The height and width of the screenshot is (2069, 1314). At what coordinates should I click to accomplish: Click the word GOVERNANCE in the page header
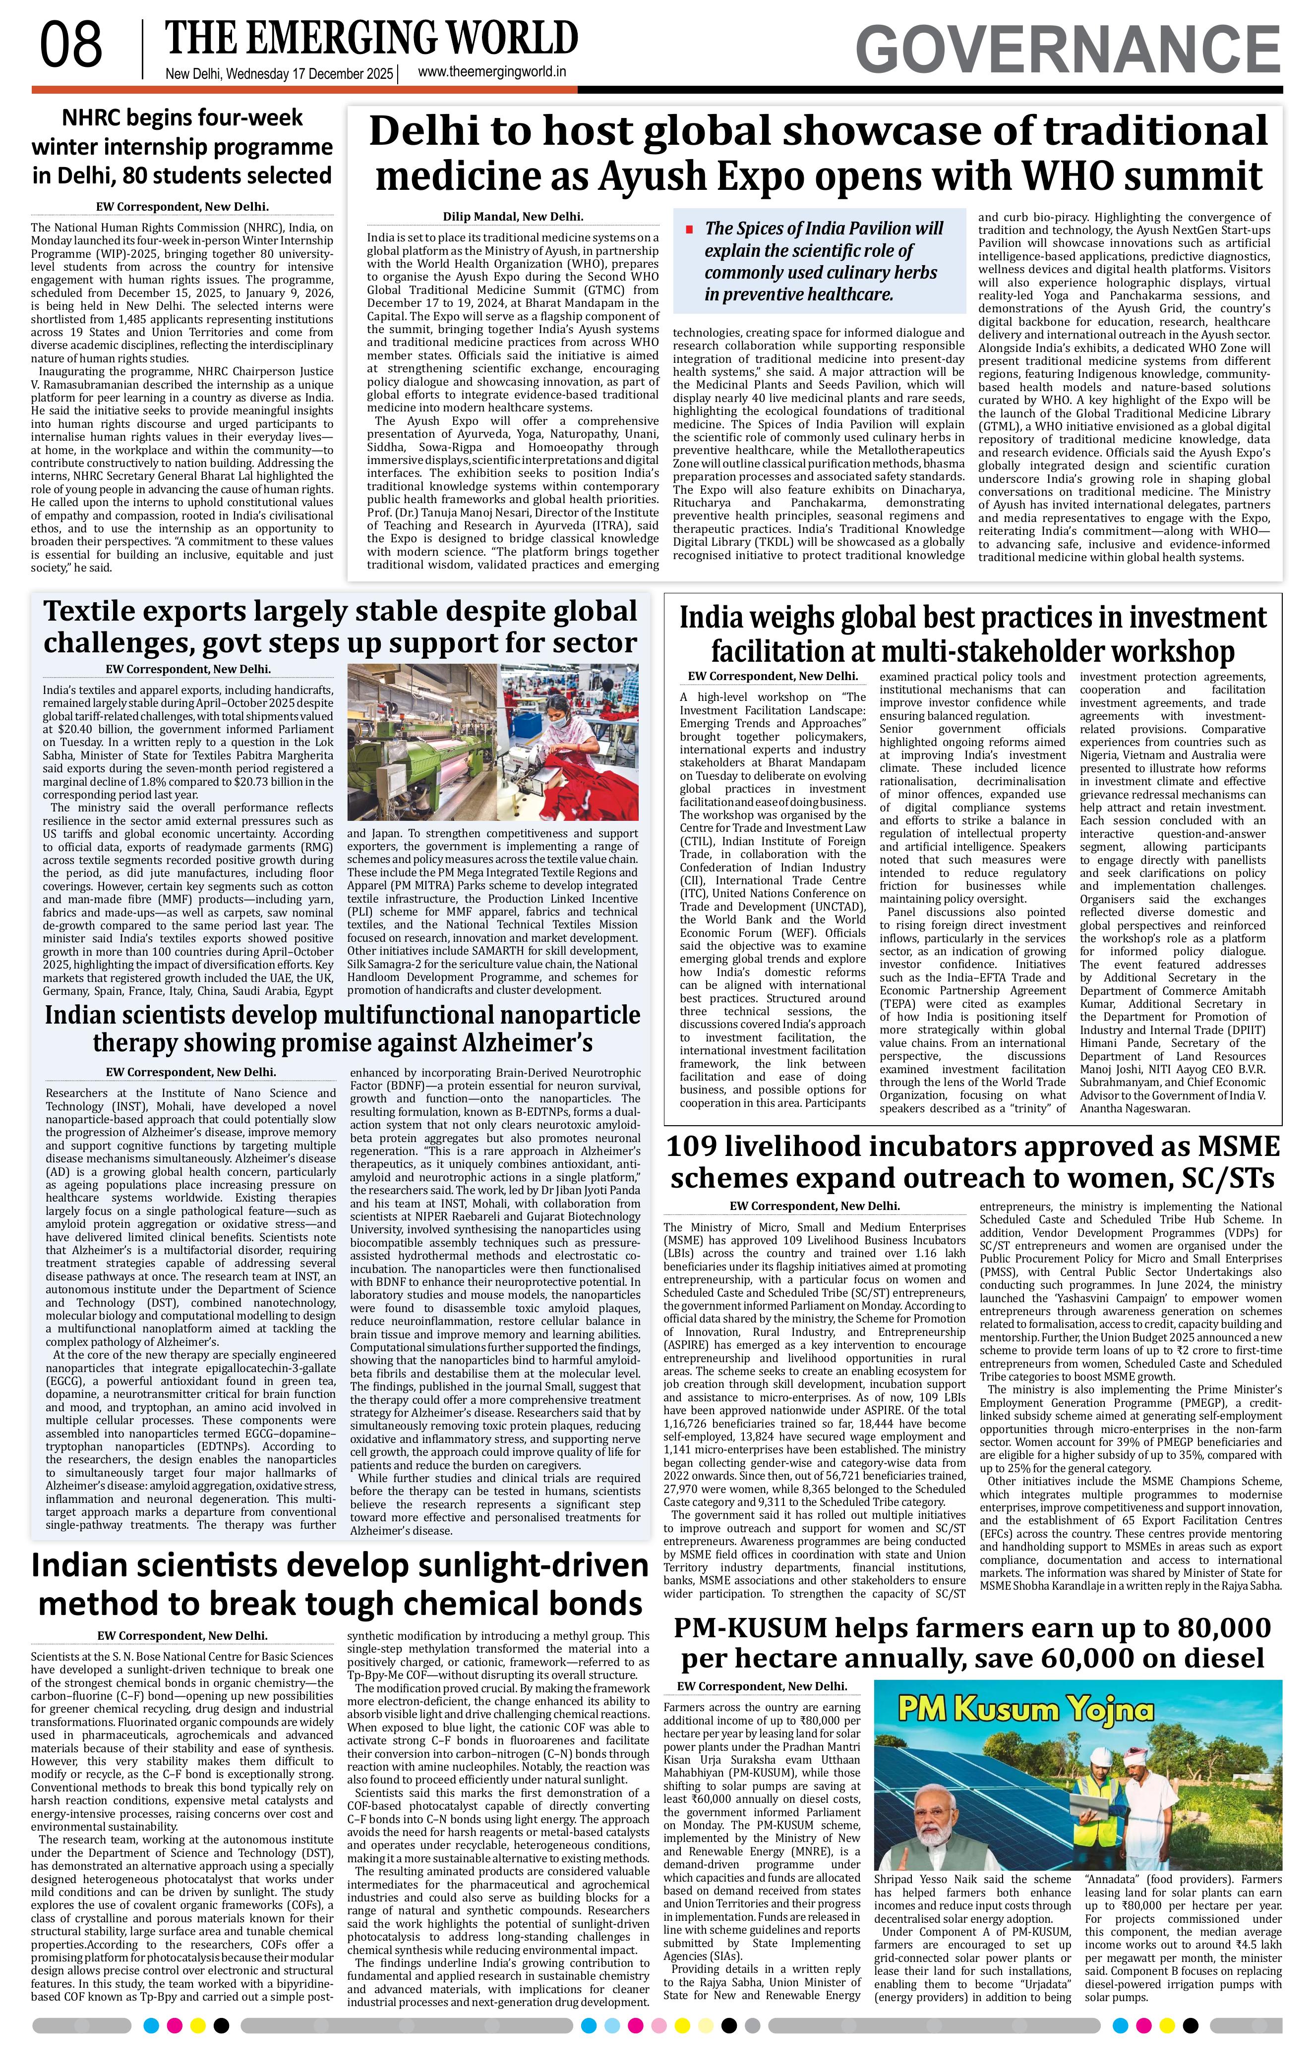[1068, 50]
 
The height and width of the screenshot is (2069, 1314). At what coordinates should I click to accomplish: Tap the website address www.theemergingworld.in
[491, 73]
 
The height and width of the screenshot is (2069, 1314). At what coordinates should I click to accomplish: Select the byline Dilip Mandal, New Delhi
[513, 218]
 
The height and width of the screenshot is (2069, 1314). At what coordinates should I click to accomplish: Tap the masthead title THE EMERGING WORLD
[371, 39]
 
